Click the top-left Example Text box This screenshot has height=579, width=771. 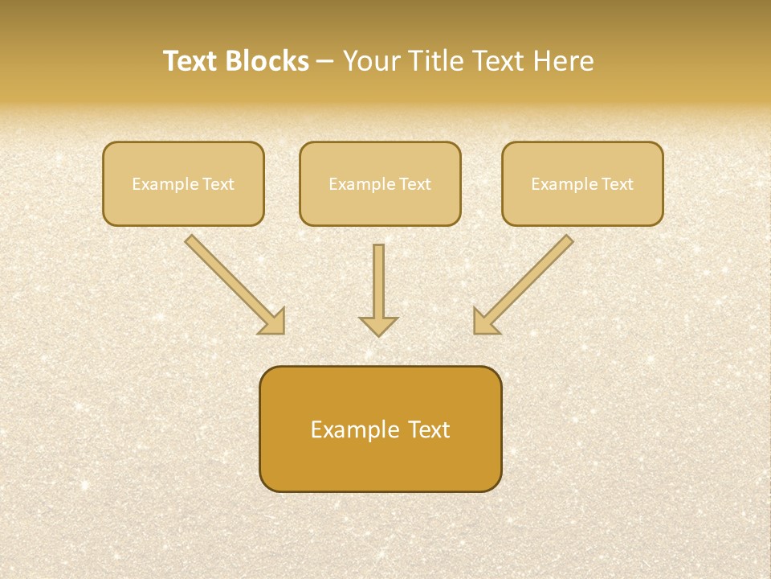183,183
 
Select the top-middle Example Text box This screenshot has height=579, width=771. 380,183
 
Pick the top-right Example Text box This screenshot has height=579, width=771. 582,183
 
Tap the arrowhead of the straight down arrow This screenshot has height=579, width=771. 378,325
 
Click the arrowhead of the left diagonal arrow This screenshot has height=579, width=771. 272,322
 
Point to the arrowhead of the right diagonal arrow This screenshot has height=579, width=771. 485,322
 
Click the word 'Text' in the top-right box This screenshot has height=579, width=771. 617,184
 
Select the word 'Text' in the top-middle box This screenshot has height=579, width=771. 415,184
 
